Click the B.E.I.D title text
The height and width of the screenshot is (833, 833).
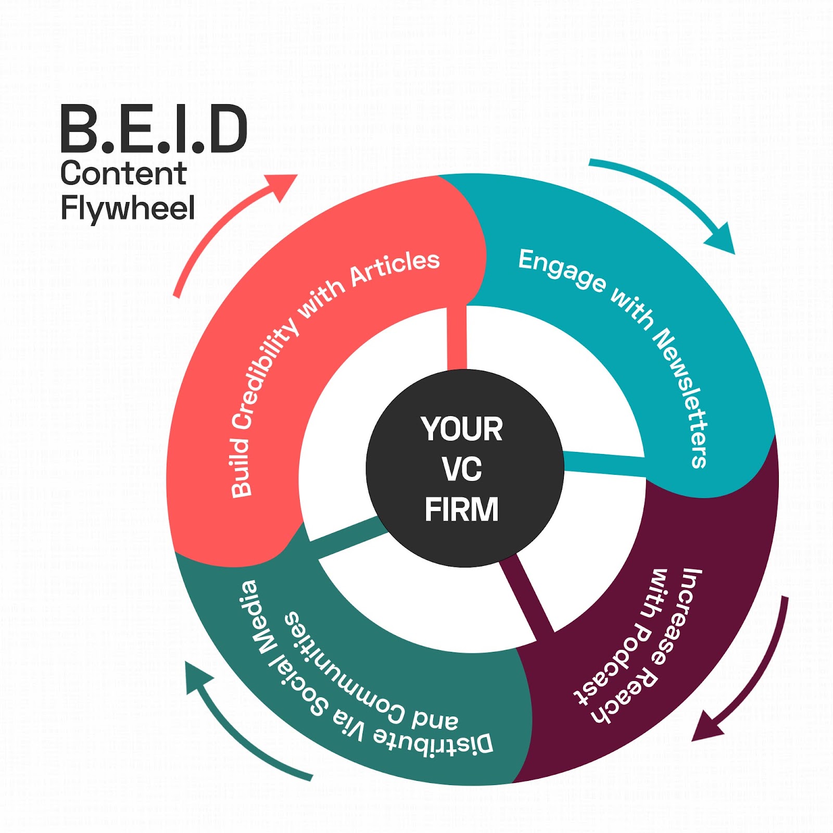154,129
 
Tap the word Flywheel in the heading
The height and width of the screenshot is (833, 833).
128,208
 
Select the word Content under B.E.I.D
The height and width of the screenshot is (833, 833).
123,173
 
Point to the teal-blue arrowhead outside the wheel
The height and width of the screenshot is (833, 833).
722,239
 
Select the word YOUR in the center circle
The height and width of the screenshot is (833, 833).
461,430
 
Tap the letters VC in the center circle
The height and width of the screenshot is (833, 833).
462,469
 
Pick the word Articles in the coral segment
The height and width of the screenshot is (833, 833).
395,269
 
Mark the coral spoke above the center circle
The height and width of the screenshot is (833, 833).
457,338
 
